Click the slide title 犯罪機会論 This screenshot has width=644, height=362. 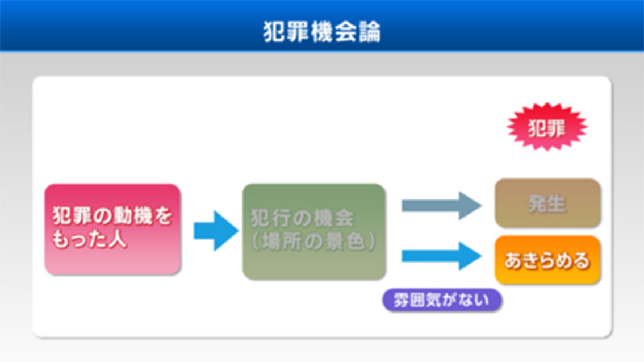pyautogui.click(x=322, y=32)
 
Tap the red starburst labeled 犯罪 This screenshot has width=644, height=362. pyautogui.click(x=547, y=127)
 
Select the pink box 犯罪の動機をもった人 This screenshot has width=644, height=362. pyautogui.click(x=112, y=229)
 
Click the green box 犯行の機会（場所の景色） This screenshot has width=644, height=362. pyautogui.click(x=314, y=231)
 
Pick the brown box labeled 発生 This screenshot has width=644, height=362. pyautogui.click(x=547, y=203)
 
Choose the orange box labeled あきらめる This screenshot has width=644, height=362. pyautogui.click(x=547, y=260)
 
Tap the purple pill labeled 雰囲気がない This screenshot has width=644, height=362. pyautogui.click(x=442, y=300)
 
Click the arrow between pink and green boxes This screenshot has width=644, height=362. pyautogui.click(x=216, y=231)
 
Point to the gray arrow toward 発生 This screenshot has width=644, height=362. pyautogui.click(x=441, y=205)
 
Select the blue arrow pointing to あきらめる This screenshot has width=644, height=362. pyautogui.click(x=441, y=256)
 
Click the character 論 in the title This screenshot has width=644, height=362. pyautogui.click(x=370, y=32)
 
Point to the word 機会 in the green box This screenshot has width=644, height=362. pyautogui.click(x=333, y=218)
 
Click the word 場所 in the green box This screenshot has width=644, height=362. pyautogui.click(x=283, y=241)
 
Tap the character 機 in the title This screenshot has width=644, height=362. pyautogui.click(x=321, y=32)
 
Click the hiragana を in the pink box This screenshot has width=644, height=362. pyautogui.click(x=163, y=216)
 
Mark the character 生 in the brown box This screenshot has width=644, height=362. pyautogui.click(x=557, y=203)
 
